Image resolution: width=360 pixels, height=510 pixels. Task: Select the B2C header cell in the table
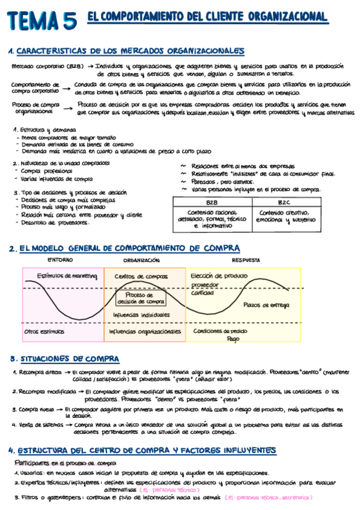(284, 203)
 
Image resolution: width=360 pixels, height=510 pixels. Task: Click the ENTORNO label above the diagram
(60, 260)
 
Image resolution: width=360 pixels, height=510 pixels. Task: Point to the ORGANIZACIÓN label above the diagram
(141, 260)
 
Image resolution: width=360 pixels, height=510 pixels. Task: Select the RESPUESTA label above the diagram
(246, 260)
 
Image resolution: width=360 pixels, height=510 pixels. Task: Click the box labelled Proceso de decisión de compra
(141, 298)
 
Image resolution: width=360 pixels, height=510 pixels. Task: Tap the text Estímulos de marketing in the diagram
(59, 276)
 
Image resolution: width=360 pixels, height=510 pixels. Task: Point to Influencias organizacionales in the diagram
(145, 331)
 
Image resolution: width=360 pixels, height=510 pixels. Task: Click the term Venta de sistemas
(40, 425)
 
